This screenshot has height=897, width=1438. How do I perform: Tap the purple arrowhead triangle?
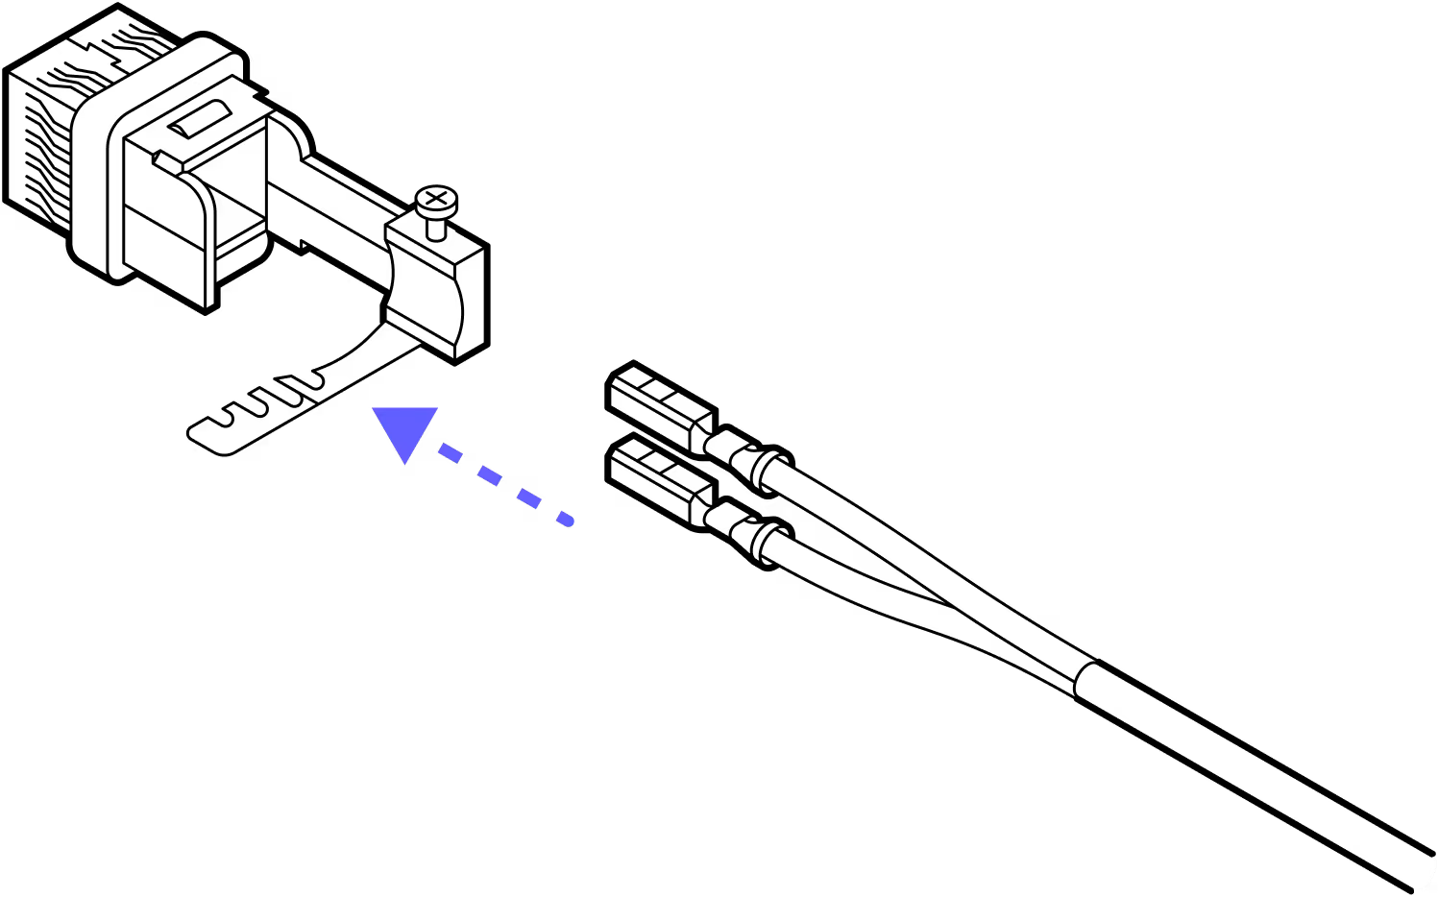point(407,430)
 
